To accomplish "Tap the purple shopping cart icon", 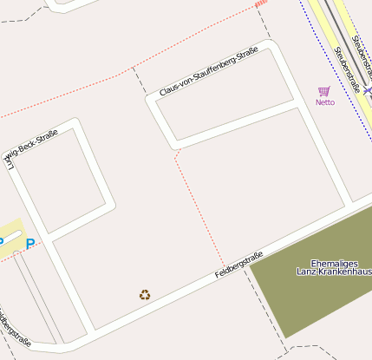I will tap(324, 91).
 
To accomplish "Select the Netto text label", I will tap(325, 102).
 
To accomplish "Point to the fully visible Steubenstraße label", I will tap(347, 69).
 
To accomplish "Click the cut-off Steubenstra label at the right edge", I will tap(362, 52).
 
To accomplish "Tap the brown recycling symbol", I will tap(145, 295).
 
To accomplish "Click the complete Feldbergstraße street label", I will tap(238, 266).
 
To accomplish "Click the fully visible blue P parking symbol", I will tap(29, 244).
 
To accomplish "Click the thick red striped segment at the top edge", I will tap(260, 4).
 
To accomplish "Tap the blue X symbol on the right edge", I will tap(368, 90).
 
